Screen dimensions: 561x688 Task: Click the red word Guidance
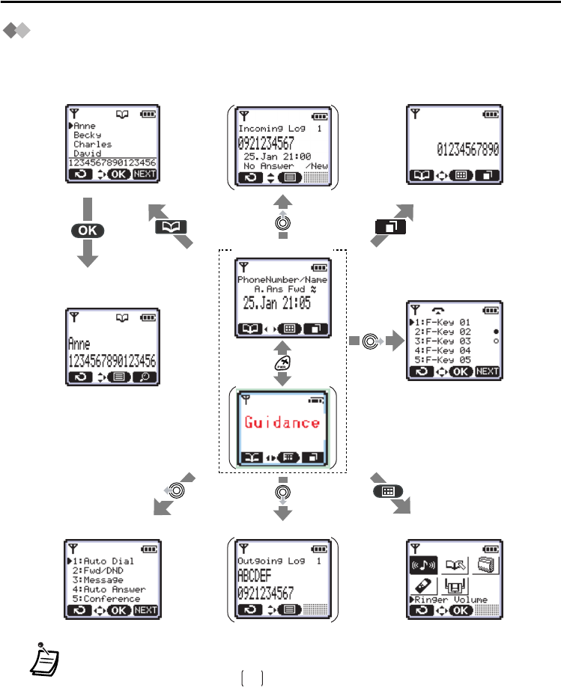[282, 423]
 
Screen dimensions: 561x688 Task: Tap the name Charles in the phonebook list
[93, 144]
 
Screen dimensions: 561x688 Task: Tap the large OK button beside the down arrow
[88, 230]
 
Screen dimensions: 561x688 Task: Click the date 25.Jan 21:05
[277, 303]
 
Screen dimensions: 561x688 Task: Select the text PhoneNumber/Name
[282, 280]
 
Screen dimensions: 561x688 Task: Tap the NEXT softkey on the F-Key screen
[486, 371]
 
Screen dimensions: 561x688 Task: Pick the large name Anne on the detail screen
[79, 344]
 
